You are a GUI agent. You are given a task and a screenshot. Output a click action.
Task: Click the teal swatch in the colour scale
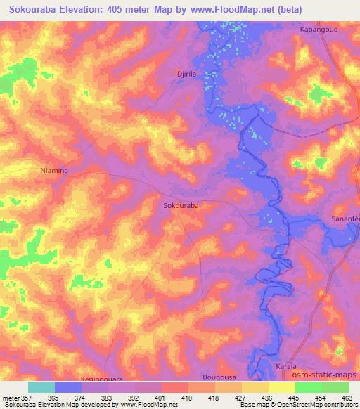41,387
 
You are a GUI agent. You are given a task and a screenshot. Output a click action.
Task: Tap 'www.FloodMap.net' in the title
239,10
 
